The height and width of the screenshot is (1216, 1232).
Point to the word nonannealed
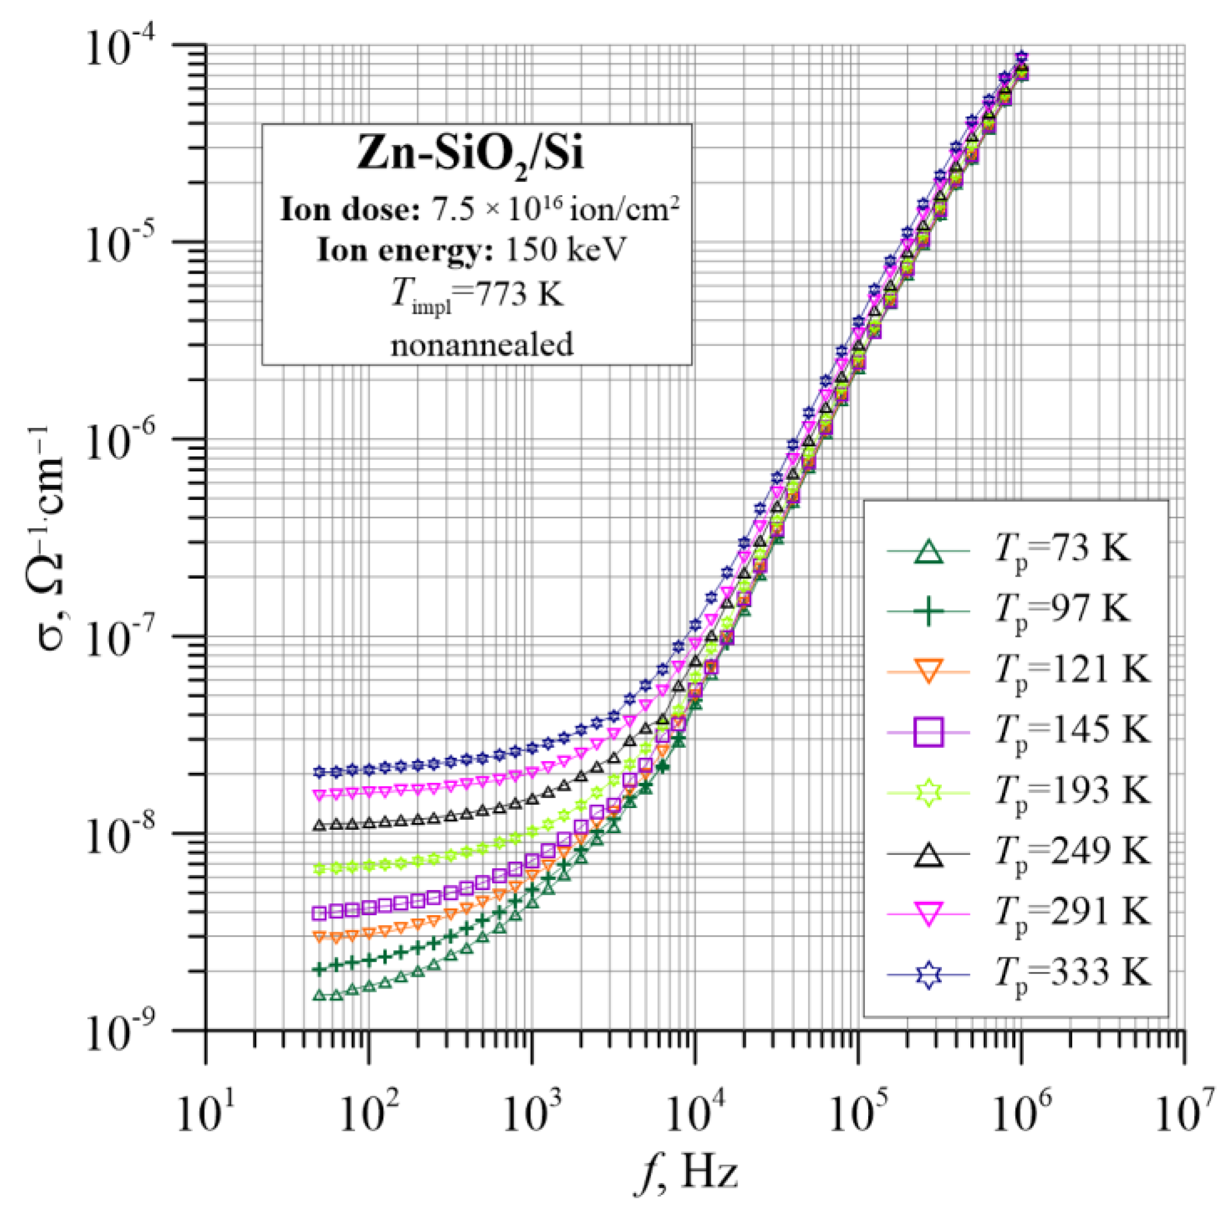click(x=482, y=345)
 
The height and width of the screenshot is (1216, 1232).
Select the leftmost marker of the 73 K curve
click(x=320, y=996)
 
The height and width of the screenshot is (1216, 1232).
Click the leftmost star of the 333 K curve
click(x=320, y=771)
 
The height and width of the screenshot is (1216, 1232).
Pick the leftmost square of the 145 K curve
click(x=320, y=913)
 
